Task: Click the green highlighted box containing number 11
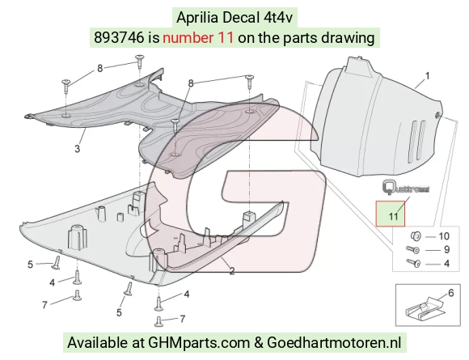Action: point(391,214)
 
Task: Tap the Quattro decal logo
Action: point(406,188)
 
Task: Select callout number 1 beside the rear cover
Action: point(428,76)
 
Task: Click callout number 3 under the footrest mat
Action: point(77,148)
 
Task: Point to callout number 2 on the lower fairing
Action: point(232,271)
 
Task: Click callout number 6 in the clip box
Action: point(450,293)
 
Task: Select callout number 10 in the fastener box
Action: point(444,236)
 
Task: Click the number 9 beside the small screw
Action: point(446,250)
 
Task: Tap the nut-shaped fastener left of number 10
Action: point(416,236)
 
